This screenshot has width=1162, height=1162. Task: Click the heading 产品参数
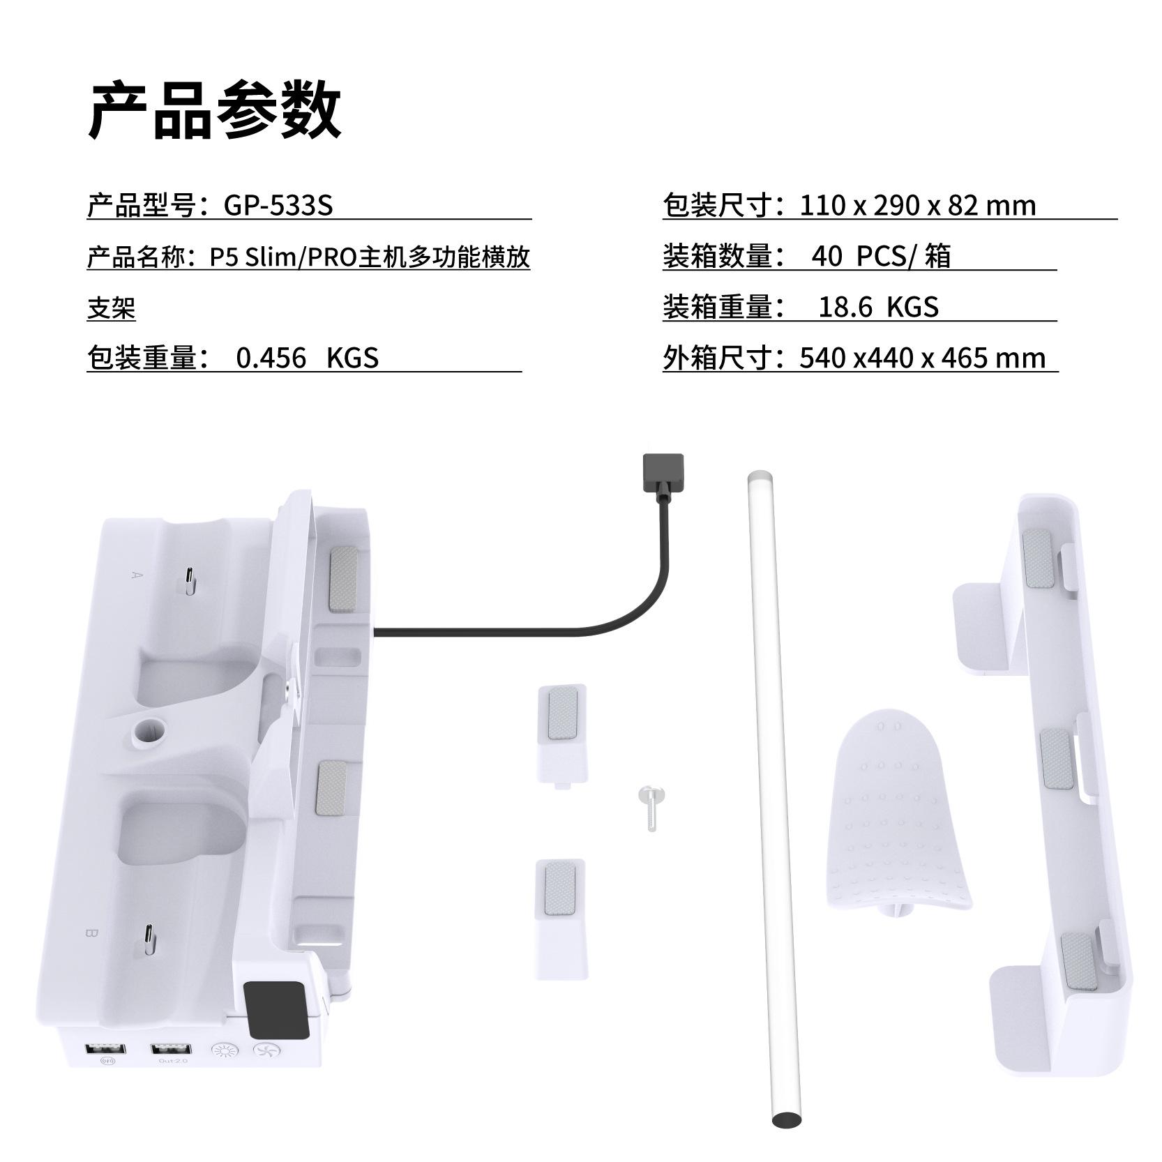click(215, 110)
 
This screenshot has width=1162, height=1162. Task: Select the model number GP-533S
click(278, 205)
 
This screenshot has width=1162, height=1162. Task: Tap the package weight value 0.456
click(271, 358)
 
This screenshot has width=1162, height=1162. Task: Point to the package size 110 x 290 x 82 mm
click(917, 205)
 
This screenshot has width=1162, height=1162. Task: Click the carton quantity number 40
click(827, 256)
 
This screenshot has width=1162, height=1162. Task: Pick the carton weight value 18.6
click(845, 307)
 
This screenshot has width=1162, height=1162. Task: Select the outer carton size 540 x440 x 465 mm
click(922, 358)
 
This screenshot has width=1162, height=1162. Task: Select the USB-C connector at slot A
click(190, 580)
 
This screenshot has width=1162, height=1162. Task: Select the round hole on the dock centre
click(149, 730)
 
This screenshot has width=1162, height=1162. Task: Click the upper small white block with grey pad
click(562, 732)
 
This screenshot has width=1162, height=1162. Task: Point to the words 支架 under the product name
click(111, 308)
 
